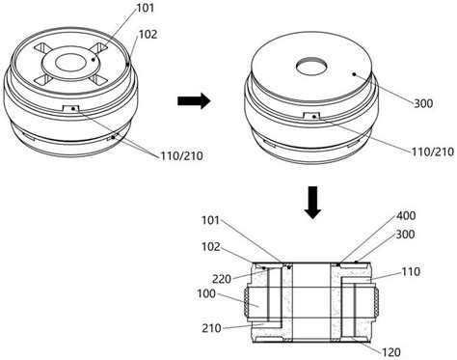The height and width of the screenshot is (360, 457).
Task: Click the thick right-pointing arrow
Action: click(x=194, y=100)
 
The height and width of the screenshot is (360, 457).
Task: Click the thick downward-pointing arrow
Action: click(x=312, y=203)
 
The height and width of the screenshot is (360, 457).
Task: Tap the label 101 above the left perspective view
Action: click(x=146, y=8)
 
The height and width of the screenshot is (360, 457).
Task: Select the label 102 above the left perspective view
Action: click(x=148, y=34)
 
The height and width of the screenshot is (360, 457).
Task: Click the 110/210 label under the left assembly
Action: click(x=182, y=156)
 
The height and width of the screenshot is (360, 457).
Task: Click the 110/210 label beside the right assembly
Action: click(x=433, y=152)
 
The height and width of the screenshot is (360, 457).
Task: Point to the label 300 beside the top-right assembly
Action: click(x=423, y=103)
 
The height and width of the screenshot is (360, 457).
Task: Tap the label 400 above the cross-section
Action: click(x=406, y=215)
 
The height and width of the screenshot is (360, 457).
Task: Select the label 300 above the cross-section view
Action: click(x=405, y=235)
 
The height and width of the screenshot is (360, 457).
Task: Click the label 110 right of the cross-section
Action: click(x=411, y=272)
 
